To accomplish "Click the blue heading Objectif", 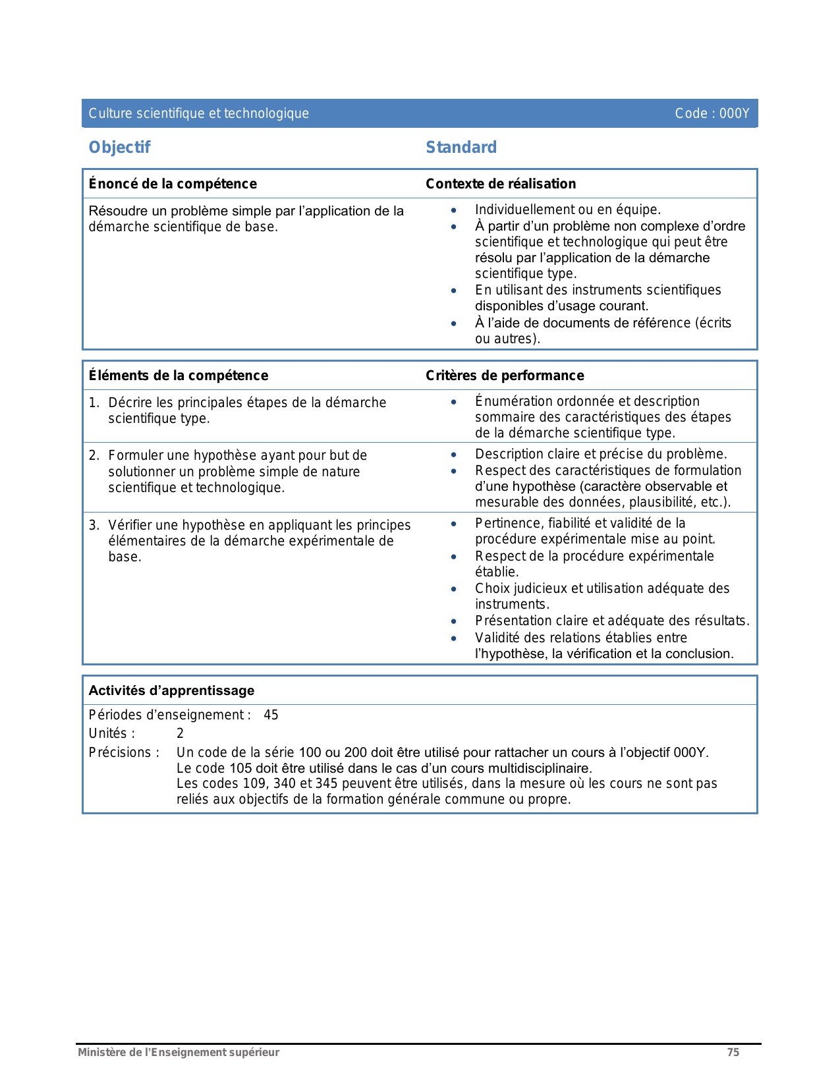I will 119,148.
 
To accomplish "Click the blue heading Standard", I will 461,148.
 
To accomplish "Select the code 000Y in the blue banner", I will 734,113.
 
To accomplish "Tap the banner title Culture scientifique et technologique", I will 198,113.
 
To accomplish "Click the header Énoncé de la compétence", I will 173,184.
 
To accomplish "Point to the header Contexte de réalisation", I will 501,184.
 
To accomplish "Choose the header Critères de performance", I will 505,376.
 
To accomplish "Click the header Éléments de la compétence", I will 179,376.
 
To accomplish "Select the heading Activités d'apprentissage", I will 171,690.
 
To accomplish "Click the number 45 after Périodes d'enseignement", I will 271,715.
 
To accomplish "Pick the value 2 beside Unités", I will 180,733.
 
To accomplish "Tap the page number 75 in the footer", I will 733,1052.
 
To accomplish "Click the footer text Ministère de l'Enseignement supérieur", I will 179,1052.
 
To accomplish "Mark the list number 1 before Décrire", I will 94,403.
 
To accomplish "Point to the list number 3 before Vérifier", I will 94,525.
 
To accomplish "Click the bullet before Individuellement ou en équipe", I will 453,210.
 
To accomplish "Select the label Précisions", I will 123,752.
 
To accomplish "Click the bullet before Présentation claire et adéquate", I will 453,621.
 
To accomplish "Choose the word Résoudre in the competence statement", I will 117,211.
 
